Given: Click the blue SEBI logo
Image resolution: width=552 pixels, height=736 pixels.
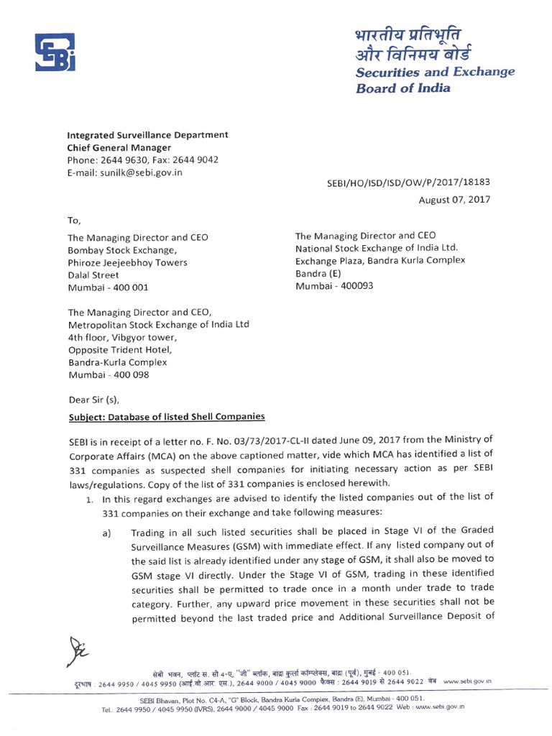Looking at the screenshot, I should (55, 53).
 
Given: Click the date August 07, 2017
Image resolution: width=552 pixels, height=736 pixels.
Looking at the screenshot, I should (454, 200).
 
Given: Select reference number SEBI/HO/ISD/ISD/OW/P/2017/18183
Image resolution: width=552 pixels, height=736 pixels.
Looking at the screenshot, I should (408, 184).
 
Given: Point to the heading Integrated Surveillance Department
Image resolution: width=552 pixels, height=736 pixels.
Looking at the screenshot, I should (147, 134).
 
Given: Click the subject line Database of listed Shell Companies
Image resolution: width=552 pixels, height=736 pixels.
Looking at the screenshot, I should (166, 416).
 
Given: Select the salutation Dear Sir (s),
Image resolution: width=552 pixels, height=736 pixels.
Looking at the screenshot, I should (93, 400).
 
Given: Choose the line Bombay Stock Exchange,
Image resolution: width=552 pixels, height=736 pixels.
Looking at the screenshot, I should (121, 249).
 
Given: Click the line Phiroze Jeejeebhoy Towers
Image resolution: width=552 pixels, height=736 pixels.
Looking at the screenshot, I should (127, 262).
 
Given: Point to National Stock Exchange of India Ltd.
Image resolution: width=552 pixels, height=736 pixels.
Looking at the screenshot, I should (377, 248).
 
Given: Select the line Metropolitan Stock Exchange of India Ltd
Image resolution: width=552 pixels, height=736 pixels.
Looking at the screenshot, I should (158, 324).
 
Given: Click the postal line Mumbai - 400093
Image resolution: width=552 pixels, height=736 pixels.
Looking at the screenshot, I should (334, 285).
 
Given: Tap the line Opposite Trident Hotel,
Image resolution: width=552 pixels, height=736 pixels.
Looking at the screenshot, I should (121, 349).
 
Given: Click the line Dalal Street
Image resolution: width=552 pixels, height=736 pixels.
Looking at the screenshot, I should (93, 275).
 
